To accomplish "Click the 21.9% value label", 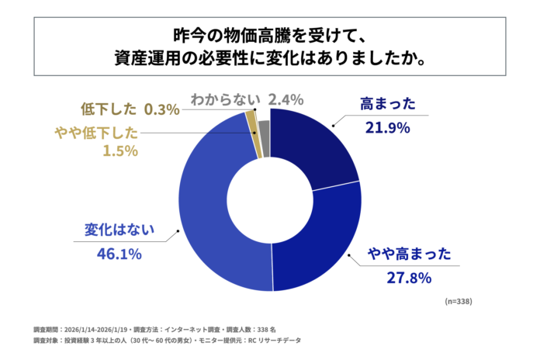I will (387, 128).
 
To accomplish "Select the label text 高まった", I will (388, 104).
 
